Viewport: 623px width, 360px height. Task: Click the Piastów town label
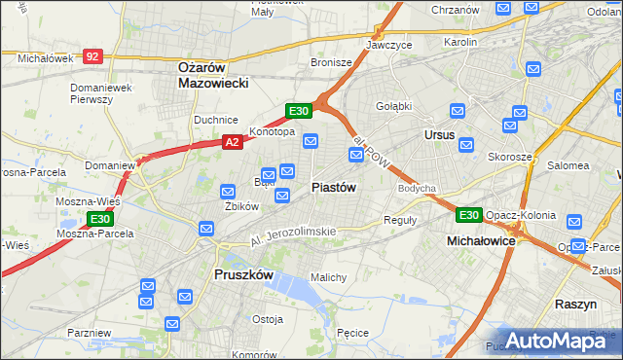tap(334, 187)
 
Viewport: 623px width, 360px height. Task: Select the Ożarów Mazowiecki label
tap(214, 75)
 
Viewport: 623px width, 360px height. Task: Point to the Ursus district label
tap(440, 135)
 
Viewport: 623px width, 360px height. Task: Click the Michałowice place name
tap(481, 239)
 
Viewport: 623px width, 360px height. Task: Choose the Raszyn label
tap(575, 304)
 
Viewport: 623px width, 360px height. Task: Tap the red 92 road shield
tap(92, 57)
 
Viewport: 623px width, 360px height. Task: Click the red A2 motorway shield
tap(232, 142)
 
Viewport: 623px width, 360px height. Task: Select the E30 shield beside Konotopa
tap(299, 111)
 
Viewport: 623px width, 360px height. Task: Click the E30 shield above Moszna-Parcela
tap(99, 220)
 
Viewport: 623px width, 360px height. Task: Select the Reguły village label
tap(400, 220)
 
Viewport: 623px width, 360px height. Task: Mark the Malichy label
tap(328, 277)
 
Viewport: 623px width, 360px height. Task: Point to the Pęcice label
tap(350, 333)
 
